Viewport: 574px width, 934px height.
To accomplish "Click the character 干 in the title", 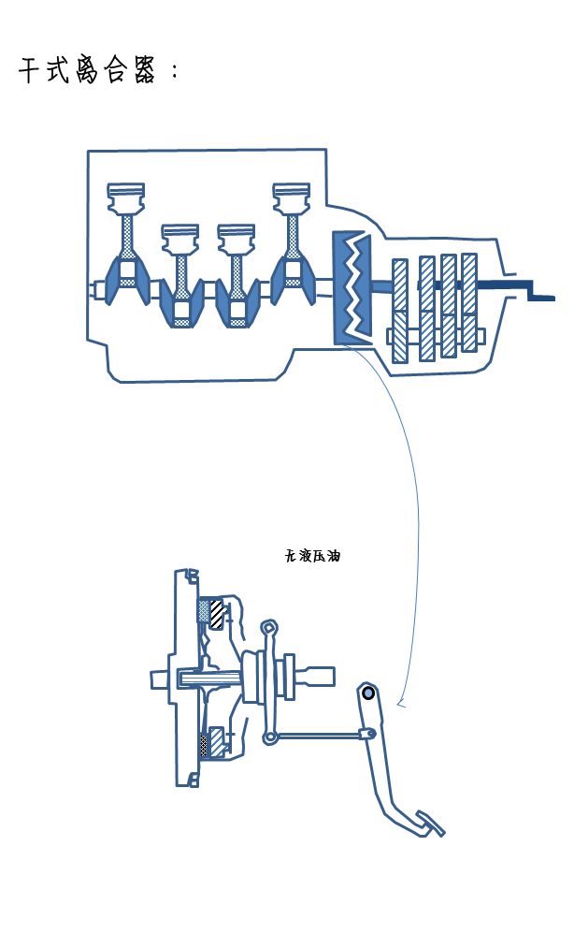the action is pos(30,70).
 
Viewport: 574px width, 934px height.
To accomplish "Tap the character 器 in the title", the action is pos(144,70).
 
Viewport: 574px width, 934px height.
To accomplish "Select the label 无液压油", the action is pos(312,556).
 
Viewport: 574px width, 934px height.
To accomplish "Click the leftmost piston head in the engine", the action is pos(126,197).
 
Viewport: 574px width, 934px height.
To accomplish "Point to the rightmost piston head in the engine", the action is pos(292,197).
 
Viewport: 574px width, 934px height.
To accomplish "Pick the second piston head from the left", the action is pos(180,239).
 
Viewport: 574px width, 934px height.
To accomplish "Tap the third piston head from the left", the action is pos(237,239).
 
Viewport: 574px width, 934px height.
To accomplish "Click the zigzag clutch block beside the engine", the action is pos(352,288).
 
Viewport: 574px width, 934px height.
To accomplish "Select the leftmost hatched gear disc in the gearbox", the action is pos(400,311).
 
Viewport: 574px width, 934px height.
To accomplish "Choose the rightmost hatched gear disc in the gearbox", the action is pos(469,302).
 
